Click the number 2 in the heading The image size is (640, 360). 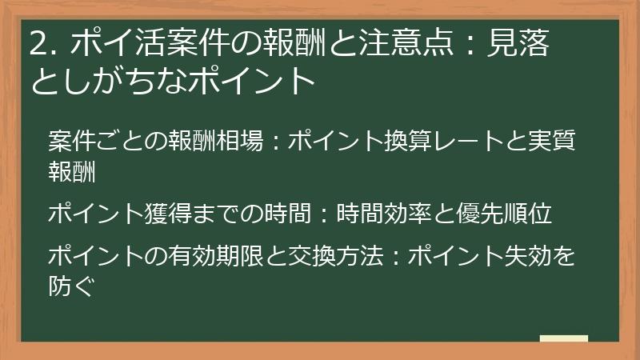[x=38, y=45]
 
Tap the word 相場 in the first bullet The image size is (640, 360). [x=242, y=142]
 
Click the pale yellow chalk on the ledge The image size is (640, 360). [x=564, y=338]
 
